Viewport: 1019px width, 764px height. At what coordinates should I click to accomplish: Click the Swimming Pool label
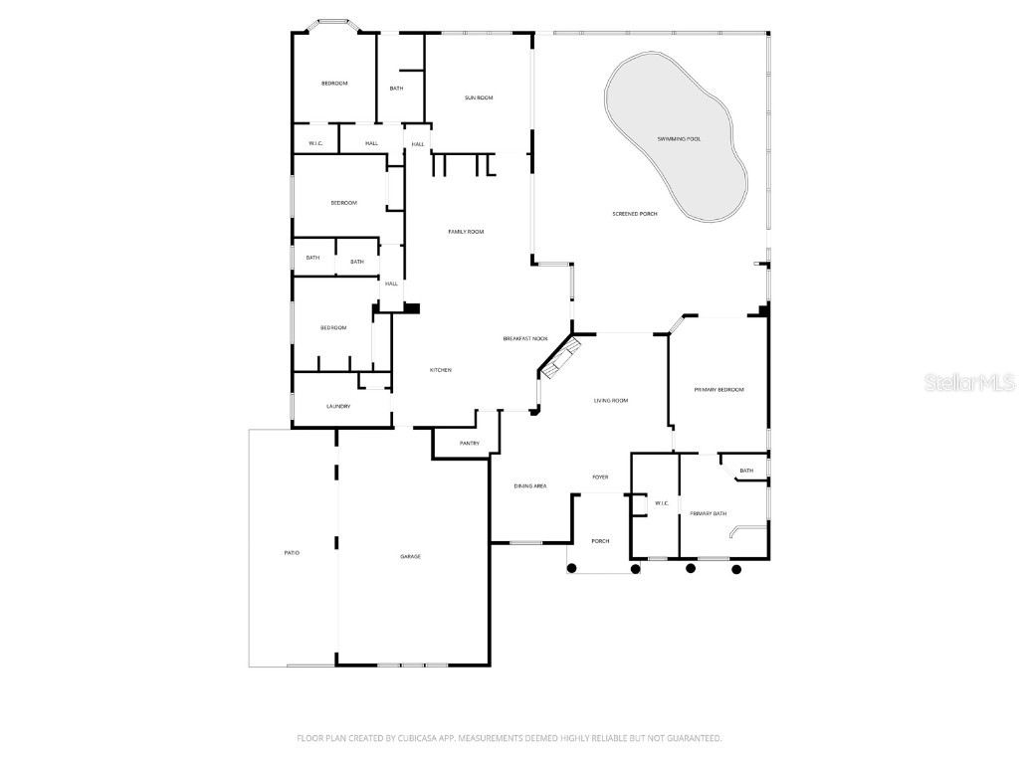pyautogui.click(x=679, y=139)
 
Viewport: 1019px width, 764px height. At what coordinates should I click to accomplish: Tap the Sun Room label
pyautogui.click(x=479, y=98)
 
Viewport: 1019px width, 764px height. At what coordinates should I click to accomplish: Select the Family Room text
pyautogui.click(x=466, y=232)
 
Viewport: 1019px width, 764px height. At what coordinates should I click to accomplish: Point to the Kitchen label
pyautogui.click(x=441, y=370)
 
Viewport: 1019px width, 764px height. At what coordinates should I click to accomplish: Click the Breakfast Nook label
pyautogui.click(x=525, y=339)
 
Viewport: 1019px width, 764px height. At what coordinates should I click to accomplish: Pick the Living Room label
pyautogui.click(x=611, y=401)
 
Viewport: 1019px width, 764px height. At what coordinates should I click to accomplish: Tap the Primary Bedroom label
pyautogui.click(x=718, y=390)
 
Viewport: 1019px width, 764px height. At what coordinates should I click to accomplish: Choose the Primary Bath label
pyautogui.click(x=708, y=514)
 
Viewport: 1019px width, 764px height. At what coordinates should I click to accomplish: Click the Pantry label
pyautogui.click(x=470, y=444)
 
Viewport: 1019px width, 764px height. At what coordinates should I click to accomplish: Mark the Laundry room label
pyautogui.click(x=338, y=407)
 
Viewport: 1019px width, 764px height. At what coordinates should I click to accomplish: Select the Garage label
pyautogui.click(x=410, y=557)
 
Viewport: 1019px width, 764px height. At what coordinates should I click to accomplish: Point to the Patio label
pyautogui.click(x=292, y=553)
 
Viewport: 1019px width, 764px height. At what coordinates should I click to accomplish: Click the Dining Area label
pyautogui.click(x=530, y=486)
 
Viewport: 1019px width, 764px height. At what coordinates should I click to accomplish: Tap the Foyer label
pyautogui.click(x=600, y=477)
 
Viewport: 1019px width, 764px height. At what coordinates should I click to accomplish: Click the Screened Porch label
pyautogui.click(x=635, y=214)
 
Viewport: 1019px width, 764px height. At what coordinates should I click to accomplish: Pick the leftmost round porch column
pyautogui.click(x=572, y=568)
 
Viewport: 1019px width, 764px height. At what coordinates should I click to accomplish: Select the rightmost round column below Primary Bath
pyautogui.click(x=736, y=570)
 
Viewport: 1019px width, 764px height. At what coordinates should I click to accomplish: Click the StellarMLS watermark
pyautogui.click(x=969, y=383)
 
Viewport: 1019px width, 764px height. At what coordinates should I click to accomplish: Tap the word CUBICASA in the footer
pyautogui.click(x=412, y=739)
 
